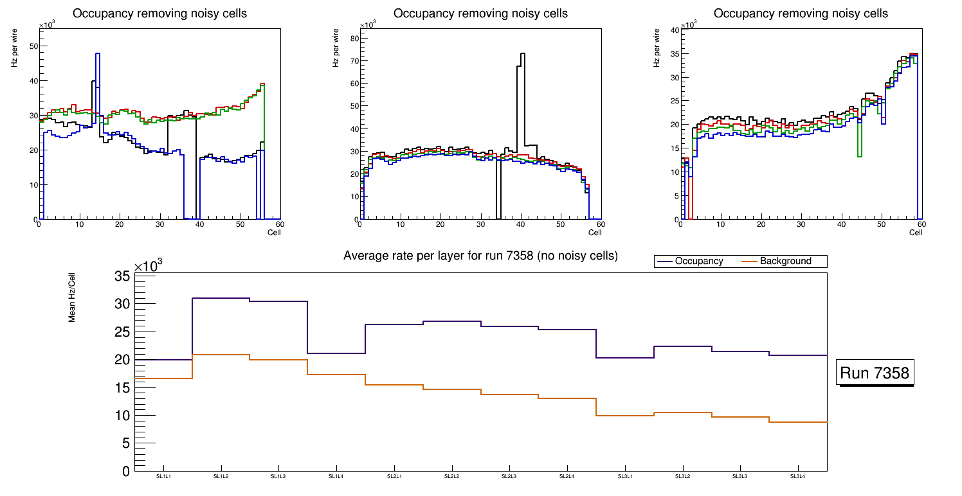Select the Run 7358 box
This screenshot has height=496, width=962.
(x=875, y=373)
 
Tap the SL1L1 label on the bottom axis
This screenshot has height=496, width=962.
(x=163, y=476)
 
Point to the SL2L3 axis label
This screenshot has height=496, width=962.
(x=509, y=476)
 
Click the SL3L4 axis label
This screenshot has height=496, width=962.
(x=797, y=476)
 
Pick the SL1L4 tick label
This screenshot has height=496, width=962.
(x=336, y=476)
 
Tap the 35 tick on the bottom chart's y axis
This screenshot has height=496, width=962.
(x=123, y=276)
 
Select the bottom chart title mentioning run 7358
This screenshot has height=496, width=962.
(x=480, y=256)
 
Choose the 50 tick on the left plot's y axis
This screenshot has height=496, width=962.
(x=33, y=46)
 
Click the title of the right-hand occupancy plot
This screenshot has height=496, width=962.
(x=801, y=13)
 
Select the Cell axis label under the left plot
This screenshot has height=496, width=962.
(x=274, y=232)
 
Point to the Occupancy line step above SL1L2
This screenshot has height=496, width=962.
(x=221, y=298)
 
